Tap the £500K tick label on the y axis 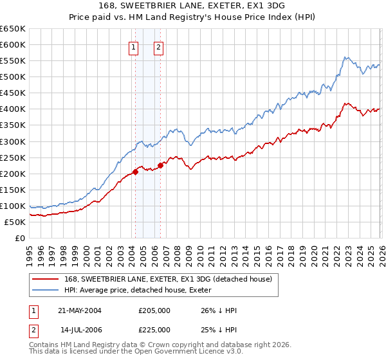[x=13, y=77]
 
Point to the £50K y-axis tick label [x=15, y=222]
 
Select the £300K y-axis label [x=13, y=141]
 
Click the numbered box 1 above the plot [x=133, y=47]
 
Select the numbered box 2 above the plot [x=158, y=47]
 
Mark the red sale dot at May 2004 [x=136, y=172]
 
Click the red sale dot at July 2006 [x=160, y=165]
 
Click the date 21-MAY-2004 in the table [x=80, y=310]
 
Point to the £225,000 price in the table [x=154, y=329]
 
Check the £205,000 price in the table [x=154, y=310]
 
